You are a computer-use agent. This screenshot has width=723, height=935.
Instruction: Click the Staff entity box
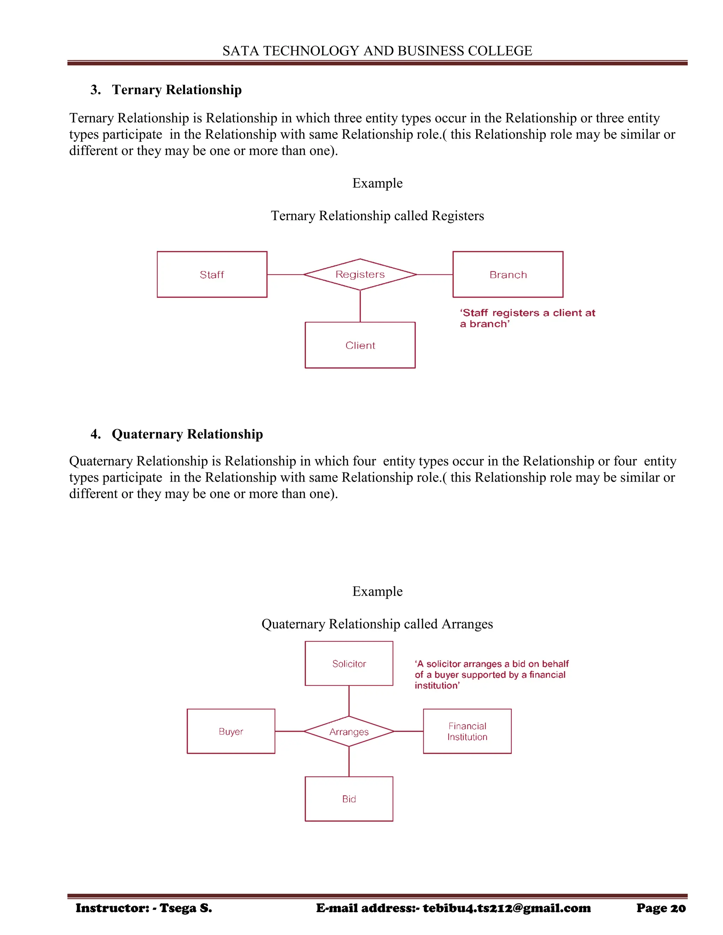212,275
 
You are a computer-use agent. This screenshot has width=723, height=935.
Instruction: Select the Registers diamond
360,275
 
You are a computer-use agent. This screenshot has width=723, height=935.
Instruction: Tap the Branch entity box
508,275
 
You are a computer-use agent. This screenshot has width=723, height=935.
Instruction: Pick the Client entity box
360,345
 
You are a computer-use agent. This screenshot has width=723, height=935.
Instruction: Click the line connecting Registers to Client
360,306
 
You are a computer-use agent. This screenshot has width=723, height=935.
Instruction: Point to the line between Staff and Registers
285,275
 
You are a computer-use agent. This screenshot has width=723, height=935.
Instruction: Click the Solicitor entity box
349,664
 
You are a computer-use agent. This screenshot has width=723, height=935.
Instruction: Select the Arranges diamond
349,732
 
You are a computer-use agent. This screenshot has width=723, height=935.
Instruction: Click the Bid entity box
349,799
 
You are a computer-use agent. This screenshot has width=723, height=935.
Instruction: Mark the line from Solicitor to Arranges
349,700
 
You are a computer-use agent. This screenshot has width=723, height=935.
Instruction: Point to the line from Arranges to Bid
349,762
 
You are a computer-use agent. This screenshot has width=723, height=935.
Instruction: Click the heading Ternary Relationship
177,90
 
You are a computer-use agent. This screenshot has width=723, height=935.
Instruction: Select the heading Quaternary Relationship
187,434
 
